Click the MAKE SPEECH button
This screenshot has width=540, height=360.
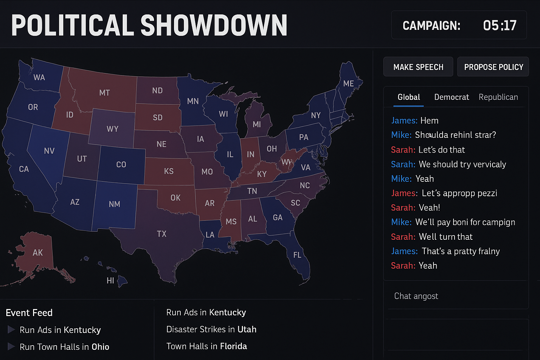coord(418,67)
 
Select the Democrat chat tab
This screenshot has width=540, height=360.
coord(451,97)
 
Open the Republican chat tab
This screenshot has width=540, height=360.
coord(498,97)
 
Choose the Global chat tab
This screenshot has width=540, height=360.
coord(409,97)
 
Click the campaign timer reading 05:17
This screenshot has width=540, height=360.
coord(499,25)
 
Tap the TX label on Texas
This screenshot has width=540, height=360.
coord(162,234)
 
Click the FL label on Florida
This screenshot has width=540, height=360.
coord(297,255)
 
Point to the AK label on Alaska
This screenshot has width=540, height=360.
coord(38,252)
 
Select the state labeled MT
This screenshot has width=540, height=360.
coord(104,93)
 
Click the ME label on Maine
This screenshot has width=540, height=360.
coord(348,83)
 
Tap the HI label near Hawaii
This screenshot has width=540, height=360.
coord(110,280)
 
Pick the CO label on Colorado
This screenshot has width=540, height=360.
coord(121,165)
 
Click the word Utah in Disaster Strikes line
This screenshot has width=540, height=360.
coord(247,329)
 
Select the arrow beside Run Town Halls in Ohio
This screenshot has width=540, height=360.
coord(11,347)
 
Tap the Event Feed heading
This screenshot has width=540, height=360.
coord(29,313)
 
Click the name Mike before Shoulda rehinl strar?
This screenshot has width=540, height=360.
coord(401,135)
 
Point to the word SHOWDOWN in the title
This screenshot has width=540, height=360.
coord(214,26)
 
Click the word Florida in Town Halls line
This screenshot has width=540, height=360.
coord(233,346)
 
